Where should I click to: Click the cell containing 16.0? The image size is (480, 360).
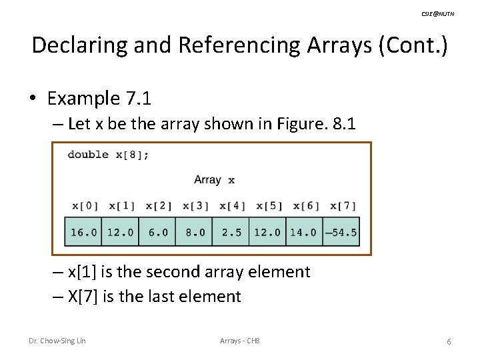pyautogui.click(x=83, y=233)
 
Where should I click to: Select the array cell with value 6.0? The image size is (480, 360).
pyautogui.click(x=157, y=233)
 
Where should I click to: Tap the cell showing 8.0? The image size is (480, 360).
pyautogui.click(x=194, y=233)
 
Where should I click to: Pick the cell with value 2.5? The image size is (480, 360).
pyautogui.click(x=231, y=233)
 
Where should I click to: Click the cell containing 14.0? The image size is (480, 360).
pyautogui.click(x=304, y=233)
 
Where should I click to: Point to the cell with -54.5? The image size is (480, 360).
pyautogui.click(x=341, y=233)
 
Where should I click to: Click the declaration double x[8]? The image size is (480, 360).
pyautogui.click(x=108, y=155)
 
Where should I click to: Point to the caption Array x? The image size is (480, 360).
pyautogui.click(x=214, y=179)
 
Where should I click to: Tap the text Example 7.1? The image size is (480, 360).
pyautogui.click(x=99, y=99)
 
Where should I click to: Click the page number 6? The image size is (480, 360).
pyautogui.click(x=449, y=341)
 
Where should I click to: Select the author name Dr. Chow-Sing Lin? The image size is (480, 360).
pyautogui.click(x=57, y=341)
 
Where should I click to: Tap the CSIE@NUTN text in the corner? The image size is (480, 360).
pyautogui.click(x=439, y=14)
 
